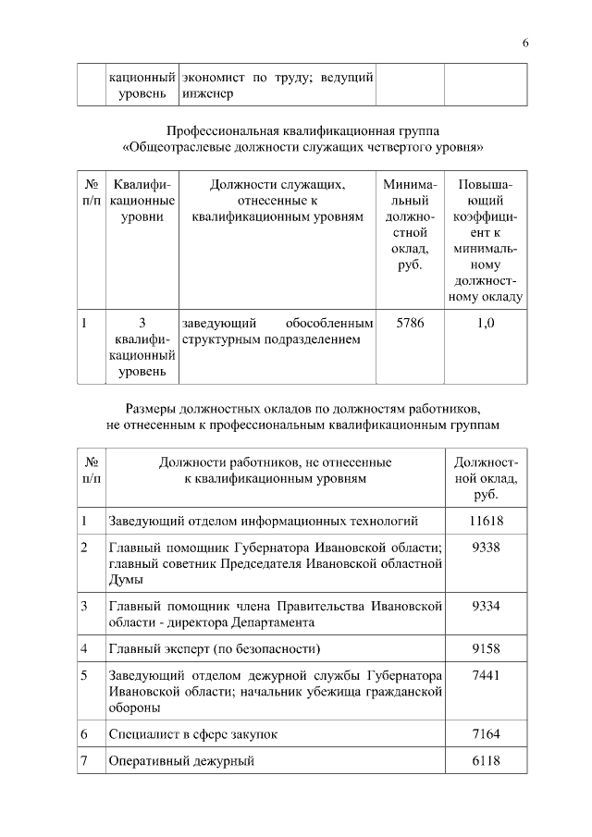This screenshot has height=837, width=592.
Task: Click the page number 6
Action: click(x=524, y=43)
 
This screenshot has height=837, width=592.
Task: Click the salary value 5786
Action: click(x=410, y=323)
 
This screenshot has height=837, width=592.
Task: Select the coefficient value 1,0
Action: click(x=486, y=323)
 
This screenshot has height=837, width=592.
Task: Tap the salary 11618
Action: click(x=486, y=521)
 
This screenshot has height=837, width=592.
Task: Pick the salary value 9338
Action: click(x=486, y=548)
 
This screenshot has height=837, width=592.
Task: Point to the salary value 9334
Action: click(x=486, y=606)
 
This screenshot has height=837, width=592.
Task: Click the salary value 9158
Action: click(x=486, y=647)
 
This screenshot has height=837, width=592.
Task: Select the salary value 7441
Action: click(x=486, y=675)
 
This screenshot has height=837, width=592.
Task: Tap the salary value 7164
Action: click(x=486, y=733)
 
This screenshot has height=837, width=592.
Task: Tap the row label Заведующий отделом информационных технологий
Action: click(x=264, y=521)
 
